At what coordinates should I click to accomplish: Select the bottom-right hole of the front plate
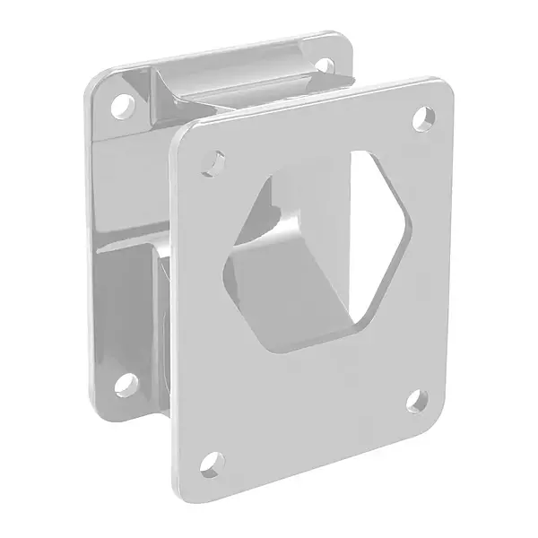coord(417,401)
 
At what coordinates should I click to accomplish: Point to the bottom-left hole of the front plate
coord(209,464)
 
